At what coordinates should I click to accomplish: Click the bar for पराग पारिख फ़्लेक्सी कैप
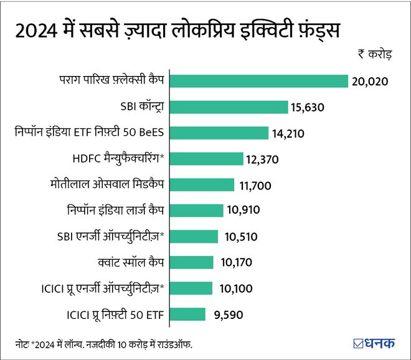tap(258, 81)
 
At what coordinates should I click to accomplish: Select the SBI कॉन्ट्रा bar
tap(229, 107)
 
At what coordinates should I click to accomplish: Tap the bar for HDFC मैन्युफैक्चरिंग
tap(206, 159)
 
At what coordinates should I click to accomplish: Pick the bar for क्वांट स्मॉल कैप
tap(191, 262)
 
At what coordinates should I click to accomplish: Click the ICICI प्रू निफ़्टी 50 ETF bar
tap(187, 314)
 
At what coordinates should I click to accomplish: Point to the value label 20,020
tap(369, 82)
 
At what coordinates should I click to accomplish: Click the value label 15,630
tap(308, 108)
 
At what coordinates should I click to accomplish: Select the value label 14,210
tap(289, 133)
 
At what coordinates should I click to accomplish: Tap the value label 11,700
tap(255, 185)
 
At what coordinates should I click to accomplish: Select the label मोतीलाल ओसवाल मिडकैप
tap(106, 184)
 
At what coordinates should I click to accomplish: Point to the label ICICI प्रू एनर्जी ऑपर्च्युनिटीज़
tap(102, 288)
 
